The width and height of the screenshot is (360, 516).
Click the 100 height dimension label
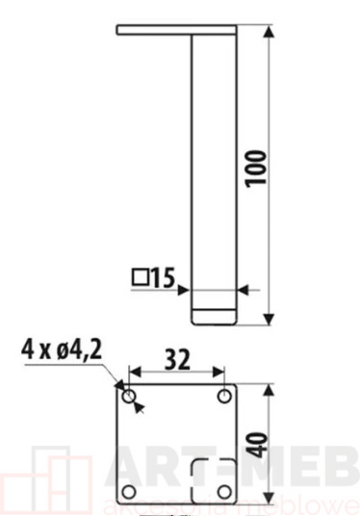click(x=256, y=168)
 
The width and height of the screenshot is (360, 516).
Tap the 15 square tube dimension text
click(x=163, y=277)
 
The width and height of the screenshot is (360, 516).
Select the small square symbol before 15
click(x=140, y=277)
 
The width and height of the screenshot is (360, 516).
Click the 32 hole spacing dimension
click(x=177, y=359)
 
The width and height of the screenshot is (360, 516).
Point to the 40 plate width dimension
click(x=257, y=445)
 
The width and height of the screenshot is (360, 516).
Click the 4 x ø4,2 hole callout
click(x=62, y=349)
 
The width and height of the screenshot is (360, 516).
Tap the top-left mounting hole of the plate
click(x=129, y=397)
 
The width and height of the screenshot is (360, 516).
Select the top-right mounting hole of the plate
click(x=224, y=396)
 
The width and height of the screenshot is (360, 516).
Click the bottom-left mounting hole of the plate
click(x=129, y=492)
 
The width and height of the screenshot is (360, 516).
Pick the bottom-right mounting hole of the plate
click(x=224, y=492)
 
